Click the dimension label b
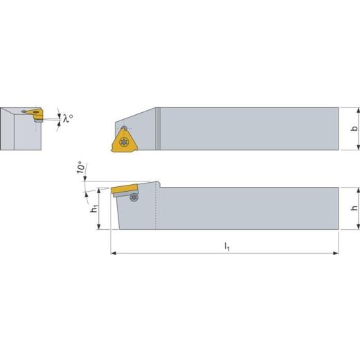[x=355, y=128]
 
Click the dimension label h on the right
[x=355, y=208]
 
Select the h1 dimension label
[x=95, y=208]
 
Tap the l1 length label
[x=227, y=246]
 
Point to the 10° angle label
[x=80, y=167]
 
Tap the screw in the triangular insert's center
[x=124, y=141]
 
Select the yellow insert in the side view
[x=125, y=189]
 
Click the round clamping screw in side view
[x=134, y=197]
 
